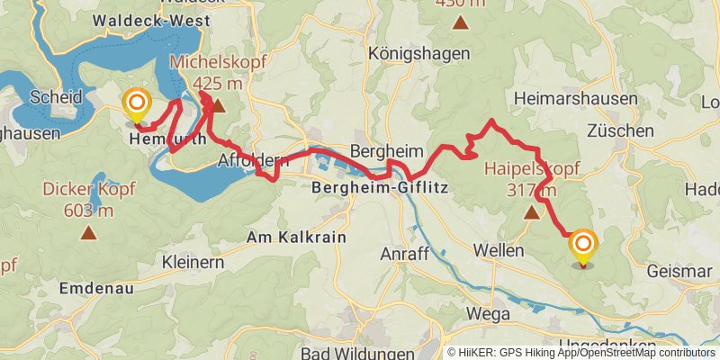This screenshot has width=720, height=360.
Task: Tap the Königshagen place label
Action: [x=419, y=54]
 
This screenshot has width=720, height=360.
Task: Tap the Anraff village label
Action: [x=405, y=254]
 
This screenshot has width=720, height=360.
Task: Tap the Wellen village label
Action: [x=498, y=250]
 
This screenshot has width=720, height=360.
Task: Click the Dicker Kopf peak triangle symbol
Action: [x=88, y=234]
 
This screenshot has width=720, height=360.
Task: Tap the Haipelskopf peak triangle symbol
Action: [x=531, y=213]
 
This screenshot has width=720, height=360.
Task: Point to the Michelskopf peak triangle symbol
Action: [x=217, y=106]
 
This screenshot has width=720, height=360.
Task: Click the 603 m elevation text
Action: [x=88, y=211]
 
